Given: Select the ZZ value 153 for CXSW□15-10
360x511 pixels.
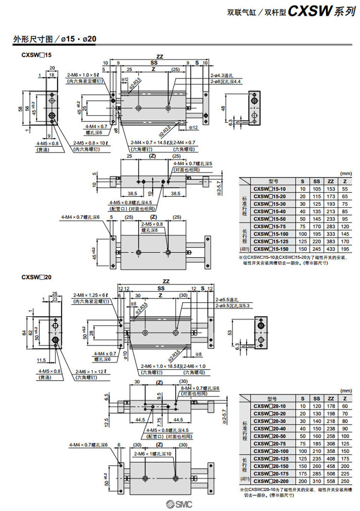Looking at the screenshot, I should coord(331,190).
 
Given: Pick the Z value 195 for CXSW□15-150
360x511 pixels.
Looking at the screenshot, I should coord(345,249).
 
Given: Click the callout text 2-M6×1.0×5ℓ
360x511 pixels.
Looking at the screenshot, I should coord(83,75).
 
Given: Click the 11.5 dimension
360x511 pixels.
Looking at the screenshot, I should coord(41,359).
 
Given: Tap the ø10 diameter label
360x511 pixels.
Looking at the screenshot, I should coord(126,355).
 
